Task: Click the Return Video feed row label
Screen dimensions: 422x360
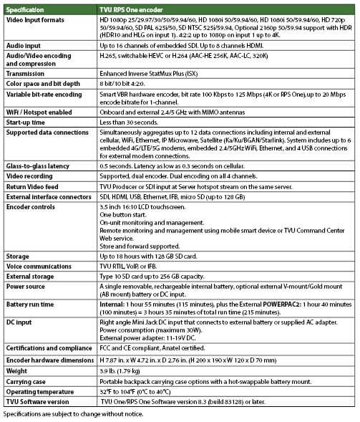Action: (33, 186)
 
